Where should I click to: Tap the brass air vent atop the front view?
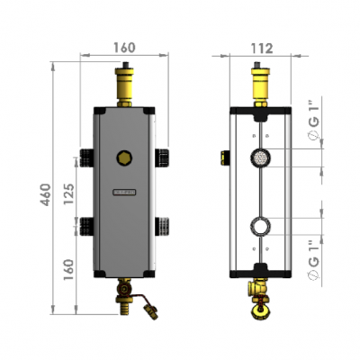pos(123,81)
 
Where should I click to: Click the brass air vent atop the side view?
pos(260,82)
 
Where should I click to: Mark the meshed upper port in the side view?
pos(260,157)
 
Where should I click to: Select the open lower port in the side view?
pos(260,225)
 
